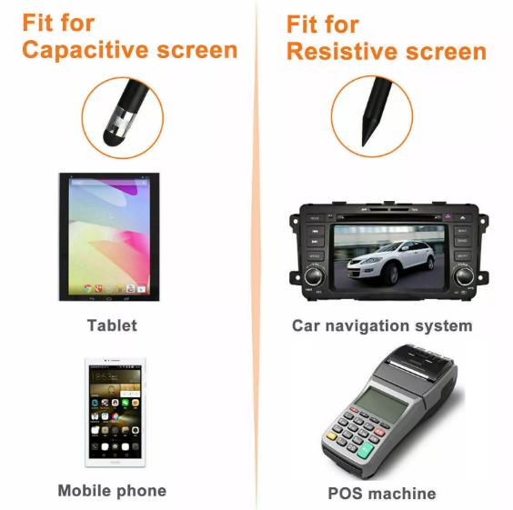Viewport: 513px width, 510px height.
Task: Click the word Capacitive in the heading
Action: point(85,51)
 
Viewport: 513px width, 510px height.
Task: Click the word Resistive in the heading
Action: point(342,52)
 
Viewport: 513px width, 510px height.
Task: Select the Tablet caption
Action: point(112,325)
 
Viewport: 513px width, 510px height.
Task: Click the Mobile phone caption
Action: point(112,491)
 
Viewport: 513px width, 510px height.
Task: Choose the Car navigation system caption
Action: point(382,326)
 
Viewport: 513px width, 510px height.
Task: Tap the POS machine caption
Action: point(382,494)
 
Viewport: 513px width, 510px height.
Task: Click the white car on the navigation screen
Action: point(390,262)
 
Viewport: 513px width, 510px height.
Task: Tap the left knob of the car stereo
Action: point(315,275)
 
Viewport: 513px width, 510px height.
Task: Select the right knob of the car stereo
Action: point(463,275)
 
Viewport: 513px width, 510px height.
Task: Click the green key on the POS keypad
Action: point(365,451)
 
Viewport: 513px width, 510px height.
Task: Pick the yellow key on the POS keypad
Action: point(331,435)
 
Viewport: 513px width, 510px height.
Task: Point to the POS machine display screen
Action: point(380,404)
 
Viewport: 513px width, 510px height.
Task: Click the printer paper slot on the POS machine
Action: point(413,366)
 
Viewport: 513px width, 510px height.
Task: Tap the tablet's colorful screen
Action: point(109,236)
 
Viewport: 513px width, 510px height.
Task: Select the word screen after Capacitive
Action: point(197,51)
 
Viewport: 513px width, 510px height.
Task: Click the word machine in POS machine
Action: point(402,494)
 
